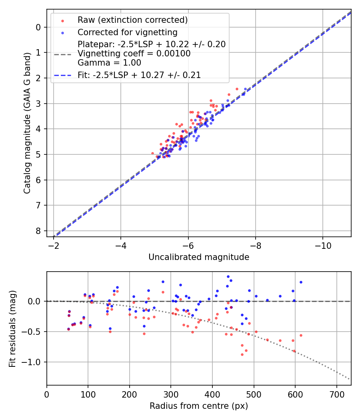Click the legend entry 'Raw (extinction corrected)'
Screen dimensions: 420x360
(x=132, y=20)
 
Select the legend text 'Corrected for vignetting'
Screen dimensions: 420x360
(x=128, y=32)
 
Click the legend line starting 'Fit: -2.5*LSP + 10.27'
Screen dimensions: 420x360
(x=139, y=75)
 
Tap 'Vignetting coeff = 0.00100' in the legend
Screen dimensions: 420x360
(x=134, y=53)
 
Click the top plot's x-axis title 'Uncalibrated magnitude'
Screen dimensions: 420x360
(x=199, y=257)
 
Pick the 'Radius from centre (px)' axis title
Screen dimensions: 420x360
(x=199, y=406)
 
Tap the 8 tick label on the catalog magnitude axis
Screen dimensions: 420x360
(x=38, y=231)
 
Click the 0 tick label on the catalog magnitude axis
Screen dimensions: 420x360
(x=38, y=27)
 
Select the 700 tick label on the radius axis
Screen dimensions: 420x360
(x=336, y=394)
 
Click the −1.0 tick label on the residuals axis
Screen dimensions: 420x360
(x=32, y=362)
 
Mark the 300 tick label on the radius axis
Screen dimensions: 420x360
(x=171, y=394)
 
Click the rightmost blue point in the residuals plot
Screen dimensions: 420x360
(x=301, y=282)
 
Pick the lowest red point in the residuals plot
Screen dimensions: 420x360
(x=242, y=354)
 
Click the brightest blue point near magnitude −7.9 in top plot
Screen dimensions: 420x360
(x=245, y=89)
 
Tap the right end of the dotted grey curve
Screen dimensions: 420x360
(x=350, y=379)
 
